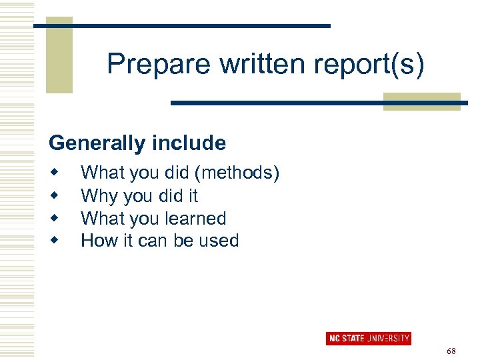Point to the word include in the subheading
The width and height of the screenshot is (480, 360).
click(x=193, y=143)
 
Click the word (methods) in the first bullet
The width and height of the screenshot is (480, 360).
click(x=237, y=173)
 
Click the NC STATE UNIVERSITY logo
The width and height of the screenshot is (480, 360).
click(x=368, y=338)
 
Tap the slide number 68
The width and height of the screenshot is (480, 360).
click(x=451, y=351)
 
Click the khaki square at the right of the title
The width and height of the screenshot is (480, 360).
click(x=422, y=101)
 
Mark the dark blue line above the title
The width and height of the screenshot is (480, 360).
click(x=182, y=25)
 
